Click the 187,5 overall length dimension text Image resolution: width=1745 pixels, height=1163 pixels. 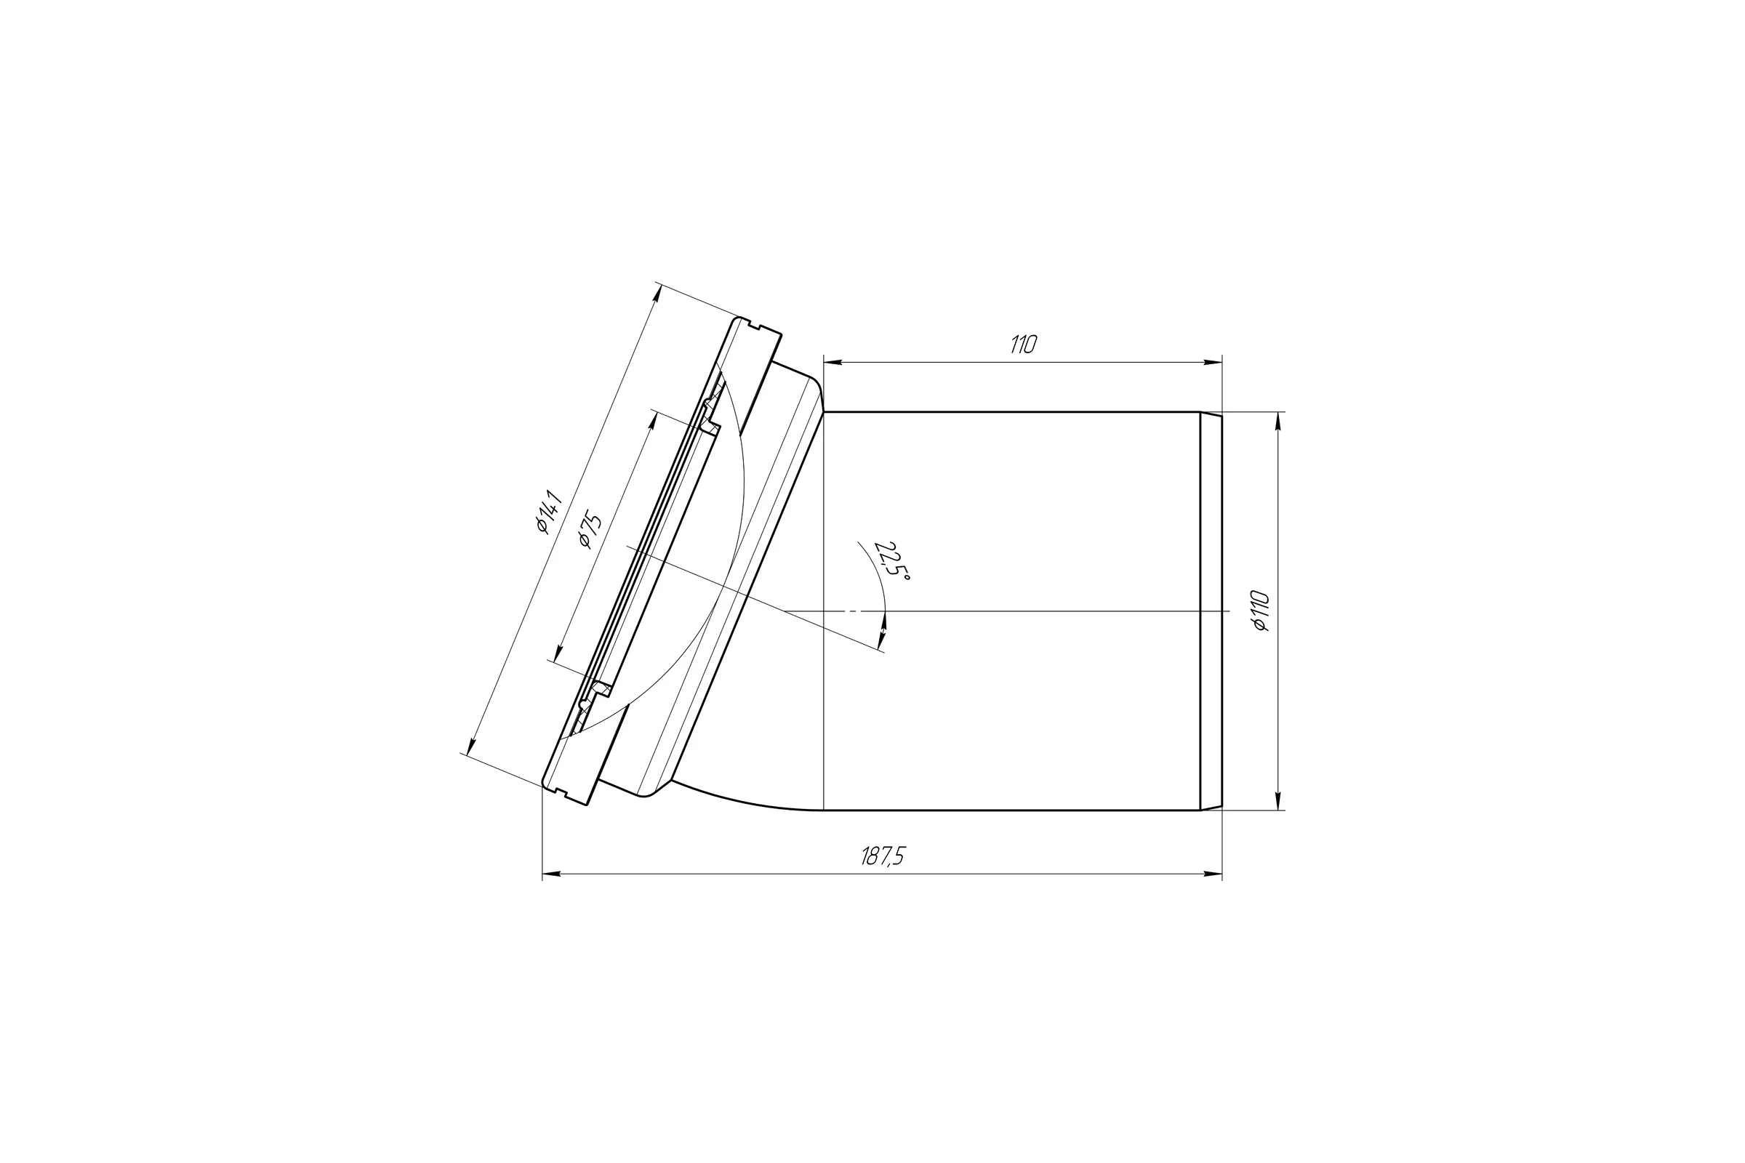(x=883, y=856)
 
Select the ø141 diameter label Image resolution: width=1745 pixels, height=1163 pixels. (x=550, y=511)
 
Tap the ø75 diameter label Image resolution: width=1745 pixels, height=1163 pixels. (x=590, y=529)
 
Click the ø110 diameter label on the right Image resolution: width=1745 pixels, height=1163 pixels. (x=1261, y=611)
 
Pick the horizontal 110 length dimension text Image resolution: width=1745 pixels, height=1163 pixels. (x=1023, y=344)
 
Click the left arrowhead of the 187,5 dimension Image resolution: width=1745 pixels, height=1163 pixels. (x=552, y=874)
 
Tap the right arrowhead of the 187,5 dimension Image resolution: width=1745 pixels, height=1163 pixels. (x=1212, y=874)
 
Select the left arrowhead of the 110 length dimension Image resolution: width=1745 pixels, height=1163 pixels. (x=833, y=362)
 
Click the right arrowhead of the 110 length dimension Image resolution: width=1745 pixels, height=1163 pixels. (x=1212, y=362)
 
